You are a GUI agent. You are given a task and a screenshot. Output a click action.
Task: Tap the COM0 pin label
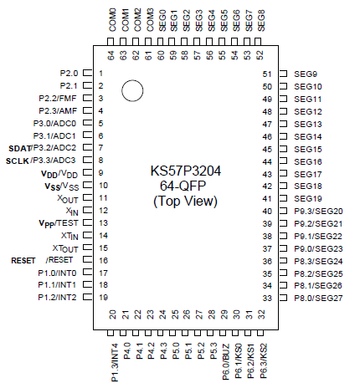pyautogui.click(x=112, y=19)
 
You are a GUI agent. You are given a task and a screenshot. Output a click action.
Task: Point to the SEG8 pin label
pyautogui.click(x=261, y=19)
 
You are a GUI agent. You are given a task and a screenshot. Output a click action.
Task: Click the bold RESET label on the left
pyautogui.click(x=23, y=260)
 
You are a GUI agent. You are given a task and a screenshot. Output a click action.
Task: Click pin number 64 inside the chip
pyautogui.click(x=111, y=55)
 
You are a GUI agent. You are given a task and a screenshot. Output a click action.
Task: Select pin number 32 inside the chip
pyautogui.click(x=261, y=314)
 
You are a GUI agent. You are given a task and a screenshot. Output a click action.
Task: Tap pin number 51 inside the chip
pyautogui.click(x=268, y=74)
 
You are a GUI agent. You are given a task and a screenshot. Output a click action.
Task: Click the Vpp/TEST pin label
pyautogui.click(x=58, y=223)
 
